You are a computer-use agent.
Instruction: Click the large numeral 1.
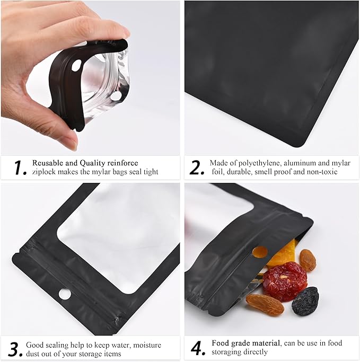click(x=20, y=167)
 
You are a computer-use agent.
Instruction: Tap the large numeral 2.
click(x=197, y=167)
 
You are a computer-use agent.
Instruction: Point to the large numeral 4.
click(x=197, y=348)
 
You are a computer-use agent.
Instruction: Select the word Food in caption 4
click(x=221, y=343)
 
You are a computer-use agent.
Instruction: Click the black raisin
click(x=305, y=301)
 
